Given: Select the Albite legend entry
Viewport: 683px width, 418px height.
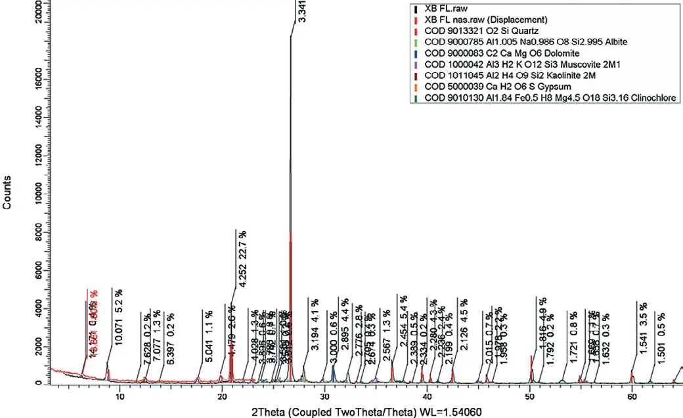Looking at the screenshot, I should coord(525,42).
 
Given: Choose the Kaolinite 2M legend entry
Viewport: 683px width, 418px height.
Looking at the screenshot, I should coord(501,75).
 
